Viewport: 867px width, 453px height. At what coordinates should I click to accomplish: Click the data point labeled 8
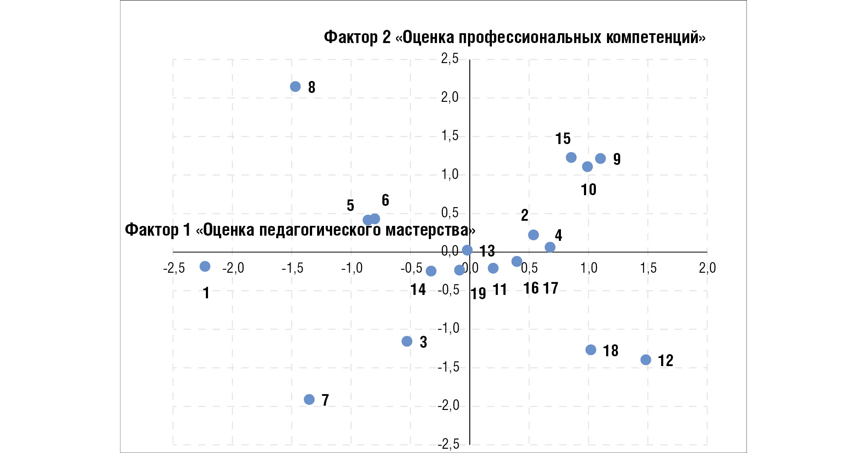pyautogui.click(x=295, y=87)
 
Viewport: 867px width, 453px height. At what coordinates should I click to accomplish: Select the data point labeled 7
pyautogui.click(x=309, y=399)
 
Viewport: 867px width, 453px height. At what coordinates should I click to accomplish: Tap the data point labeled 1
pyautogui.click(x=205, y=266)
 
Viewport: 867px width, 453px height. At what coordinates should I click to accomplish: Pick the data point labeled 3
pyautogui.click(x=407, y=341)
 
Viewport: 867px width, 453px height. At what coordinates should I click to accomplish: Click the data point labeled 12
pyautogui.click(x=646, y=360)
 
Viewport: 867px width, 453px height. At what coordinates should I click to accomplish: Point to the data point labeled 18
pyautogui.click(x=591, y=350)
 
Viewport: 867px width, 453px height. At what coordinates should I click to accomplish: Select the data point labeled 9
pyautogui.click(x=601, y=159)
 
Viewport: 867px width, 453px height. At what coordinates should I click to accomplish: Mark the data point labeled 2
pyautogui.click(x=533, y=235)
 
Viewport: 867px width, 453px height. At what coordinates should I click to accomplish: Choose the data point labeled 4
pyautogui.click(x=550, y=247)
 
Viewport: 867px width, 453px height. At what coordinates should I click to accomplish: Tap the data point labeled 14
pyautogui.click(x=431, y=271)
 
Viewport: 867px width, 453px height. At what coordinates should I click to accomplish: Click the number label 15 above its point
pyautogui.click(x=563, y=138)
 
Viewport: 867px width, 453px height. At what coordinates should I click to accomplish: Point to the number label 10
pyautogui.click(x=589, y=190)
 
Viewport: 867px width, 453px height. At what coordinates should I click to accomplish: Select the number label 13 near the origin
pyautogui.click(x=487, y=251)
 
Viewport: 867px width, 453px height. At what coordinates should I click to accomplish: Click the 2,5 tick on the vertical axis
pyautogui.click(x=450, y=58)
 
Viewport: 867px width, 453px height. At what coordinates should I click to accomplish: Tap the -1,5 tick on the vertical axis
pyautogui.click(x=449, y=367)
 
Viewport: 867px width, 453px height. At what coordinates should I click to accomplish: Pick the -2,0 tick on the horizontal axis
pyautogui.click(x=233, y=268)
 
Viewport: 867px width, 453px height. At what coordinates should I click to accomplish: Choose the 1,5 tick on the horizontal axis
pyautogui.click(x=648, y=268)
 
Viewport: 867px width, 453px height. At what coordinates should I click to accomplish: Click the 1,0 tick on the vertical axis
pyautogui.click(x=450, y=174)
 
